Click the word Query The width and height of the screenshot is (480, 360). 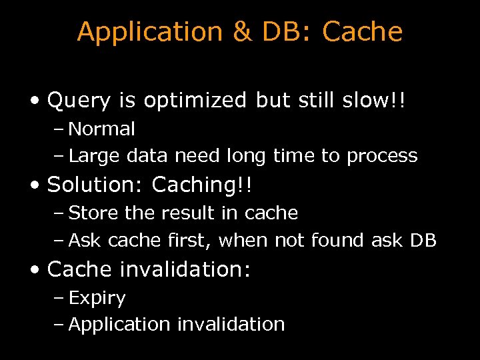[79, 101]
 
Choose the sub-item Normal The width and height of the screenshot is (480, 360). [101, 129]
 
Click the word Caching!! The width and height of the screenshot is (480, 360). [202, 185]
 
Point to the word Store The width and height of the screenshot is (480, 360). [89, 213]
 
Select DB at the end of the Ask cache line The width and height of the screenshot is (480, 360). [423, 240]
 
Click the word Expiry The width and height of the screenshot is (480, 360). [97, 298]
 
